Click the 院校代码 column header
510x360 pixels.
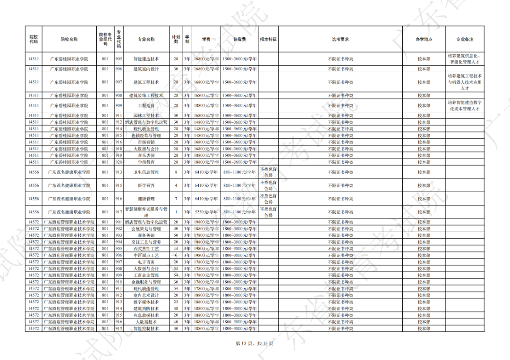tap(33, 39)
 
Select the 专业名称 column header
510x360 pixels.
tap(146, 39)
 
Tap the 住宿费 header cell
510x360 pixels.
tap(239, 39)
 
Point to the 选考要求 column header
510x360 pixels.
tap(340, 39)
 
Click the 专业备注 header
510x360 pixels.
tap(465, 39)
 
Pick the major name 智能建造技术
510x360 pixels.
tap(146, 59)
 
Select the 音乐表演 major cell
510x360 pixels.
tap(146, 155)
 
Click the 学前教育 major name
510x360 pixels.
tap(146, 162)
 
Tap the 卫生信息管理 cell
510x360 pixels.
tap(146, 172)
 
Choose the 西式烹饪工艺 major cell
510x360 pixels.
tap(146, 248)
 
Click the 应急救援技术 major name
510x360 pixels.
tap(146, 315)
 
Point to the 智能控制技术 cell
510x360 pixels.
tap(146, 328)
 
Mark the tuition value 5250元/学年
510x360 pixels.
tap(206, 212)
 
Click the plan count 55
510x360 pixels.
tap(176, 268)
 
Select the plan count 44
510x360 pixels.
tap(176, 248)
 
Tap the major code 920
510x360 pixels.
tap(119, 162)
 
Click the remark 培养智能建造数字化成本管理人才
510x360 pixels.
tap(465, 105)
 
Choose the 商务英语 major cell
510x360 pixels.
tap(146, 235)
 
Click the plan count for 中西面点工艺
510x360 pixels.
tap(176, 255)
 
